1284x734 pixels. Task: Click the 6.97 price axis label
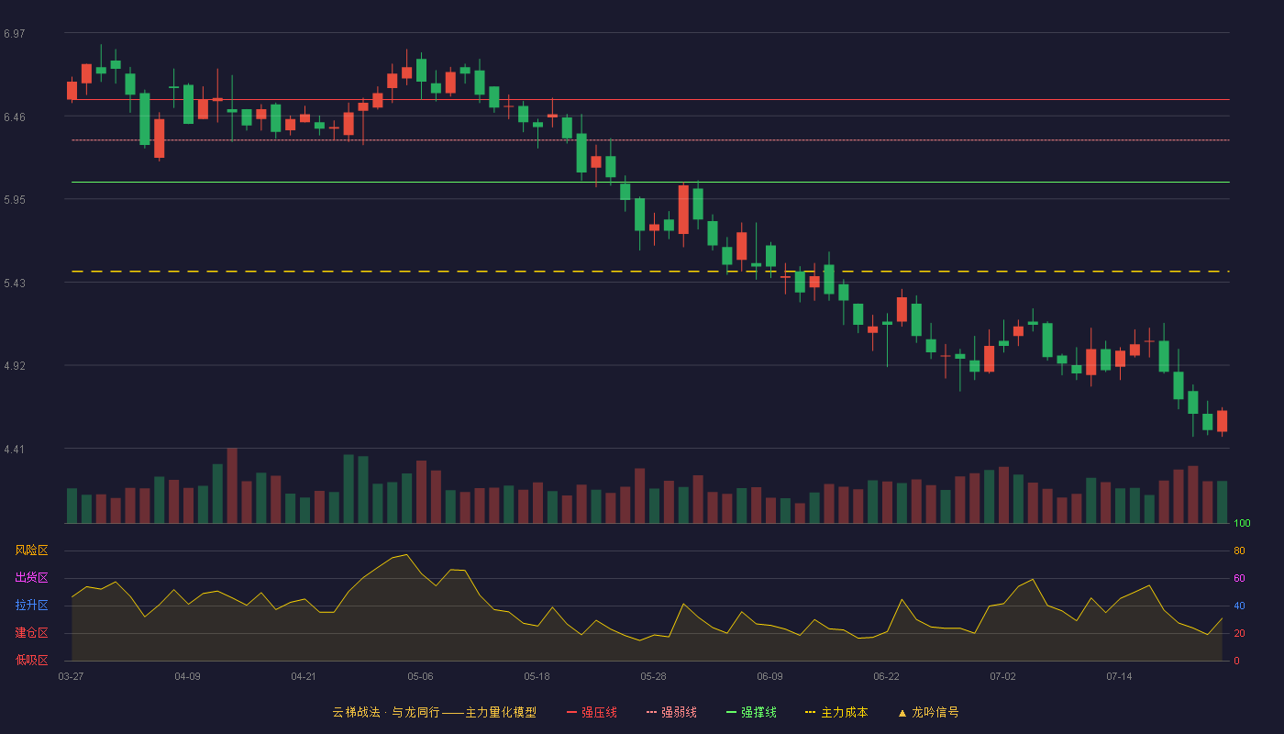(15, 34)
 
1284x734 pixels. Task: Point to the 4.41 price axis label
(15, 450)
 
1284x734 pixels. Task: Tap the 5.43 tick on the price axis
(15, 284)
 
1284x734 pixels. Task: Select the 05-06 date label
(420, 677)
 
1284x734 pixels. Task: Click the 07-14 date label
(1119, 677)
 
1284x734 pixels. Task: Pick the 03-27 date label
(72, 677)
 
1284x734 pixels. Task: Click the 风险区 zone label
(31, 550)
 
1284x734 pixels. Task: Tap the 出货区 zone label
(31, 577)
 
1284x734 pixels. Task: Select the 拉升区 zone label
(31, 605)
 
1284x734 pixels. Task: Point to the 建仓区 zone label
(31, 632)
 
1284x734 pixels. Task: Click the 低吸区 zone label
(31, 660)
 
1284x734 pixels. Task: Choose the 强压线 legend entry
(592, 712)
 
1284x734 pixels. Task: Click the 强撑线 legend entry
(751, 712)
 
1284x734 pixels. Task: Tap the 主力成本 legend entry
(836, 712)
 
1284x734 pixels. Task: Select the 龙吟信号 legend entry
(928, 712)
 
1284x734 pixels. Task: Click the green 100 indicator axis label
(1242, 523)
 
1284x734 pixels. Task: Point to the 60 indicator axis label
(1239, 578)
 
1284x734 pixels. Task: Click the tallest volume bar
(232, 485)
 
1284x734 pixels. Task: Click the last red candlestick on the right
(1222, 421)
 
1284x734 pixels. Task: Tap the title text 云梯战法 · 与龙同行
(386, 712)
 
